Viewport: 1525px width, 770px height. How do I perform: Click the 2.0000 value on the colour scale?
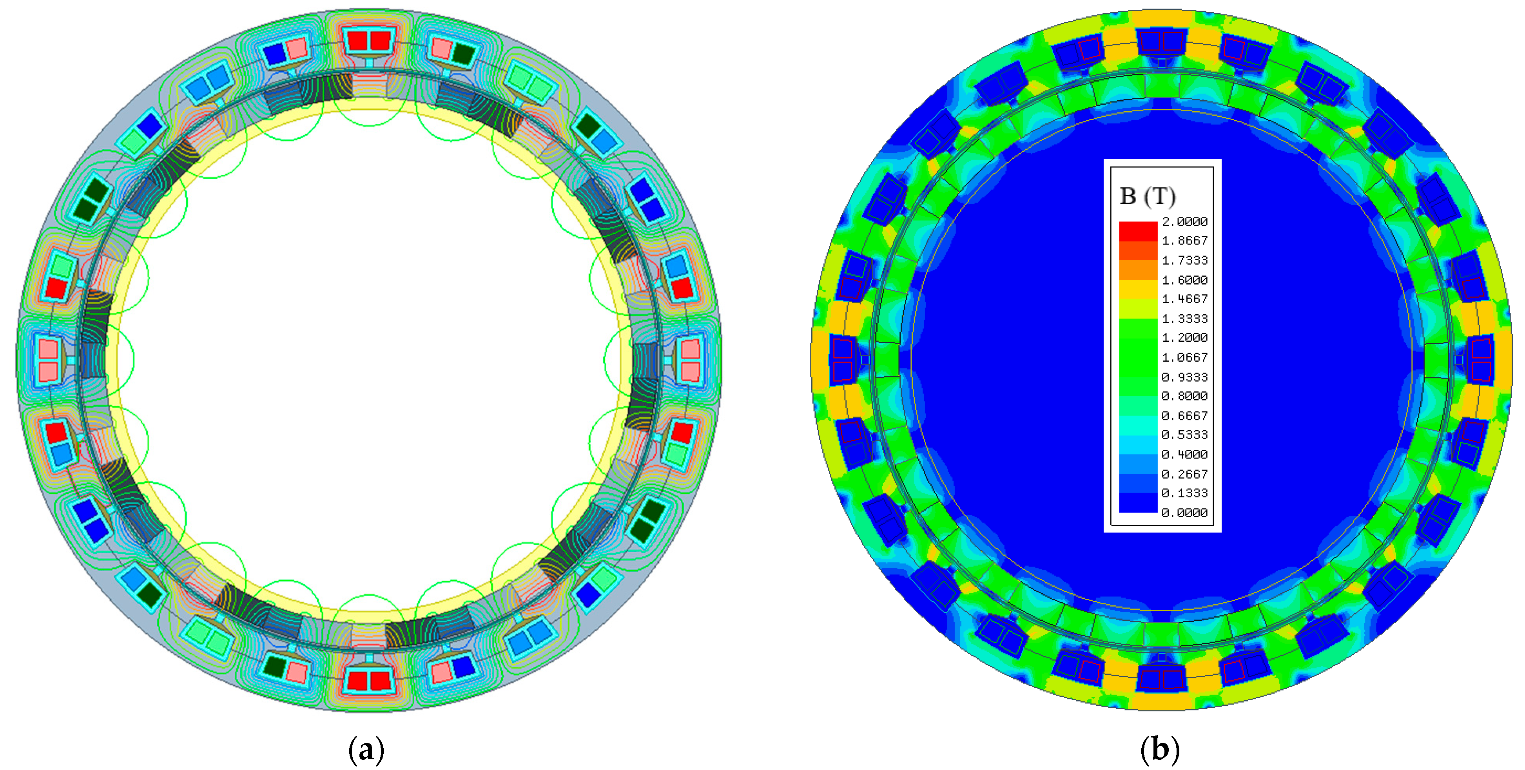click(1184, 221)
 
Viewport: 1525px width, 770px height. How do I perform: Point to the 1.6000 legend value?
click(1184, 280)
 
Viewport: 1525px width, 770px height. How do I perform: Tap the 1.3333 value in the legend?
click(1184, 319)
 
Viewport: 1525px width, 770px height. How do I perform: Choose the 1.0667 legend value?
click(1184, 357)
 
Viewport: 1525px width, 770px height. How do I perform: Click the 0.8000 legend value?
click(1184, 396)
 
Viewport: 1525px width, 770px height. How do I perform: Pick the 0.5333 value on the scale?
click(1184, 435)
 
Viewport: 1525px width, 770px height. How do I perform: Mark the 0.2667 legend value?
click(1184, 474)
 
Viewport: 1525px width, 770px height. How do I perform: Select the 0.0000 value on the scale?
click(1184, 513)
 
